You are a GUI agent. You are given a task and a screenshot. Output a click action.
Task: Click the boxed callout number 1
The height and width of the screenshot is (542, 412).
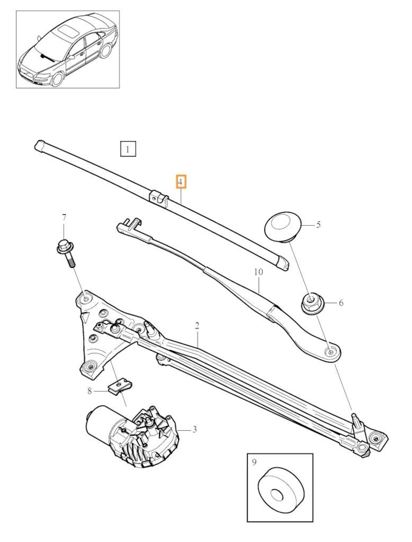coord(128,149)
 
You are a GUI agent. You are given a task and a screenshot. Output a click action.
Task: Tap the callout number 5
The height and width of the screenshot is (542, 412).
coord(318,225)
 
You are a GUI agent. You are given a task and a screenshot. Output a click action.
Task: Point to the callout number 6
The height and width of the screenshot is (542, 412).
coord(341,303)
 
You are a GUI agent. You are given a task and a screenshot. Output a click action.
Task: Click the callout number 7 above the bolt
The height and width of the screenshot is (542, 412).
coord(64,218)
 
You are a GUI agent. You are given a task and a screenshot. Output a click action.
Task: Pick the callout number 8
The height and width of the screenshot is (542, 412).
coord(90,391)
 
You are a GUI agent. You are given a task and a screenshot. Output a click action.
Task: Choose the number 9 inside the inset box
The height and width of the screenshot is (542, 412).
coord(254,462)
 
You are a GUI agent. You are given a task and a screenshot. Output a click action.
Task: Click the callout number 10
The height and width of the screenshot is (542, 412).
coord(259,272)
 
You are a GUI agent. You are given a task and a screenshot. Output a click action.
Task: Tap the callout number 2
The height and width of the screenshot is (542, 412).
coord(197,325)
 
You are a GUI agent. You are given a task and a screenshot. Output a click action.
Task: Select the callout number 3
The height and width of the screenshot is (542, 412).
coord(195,429)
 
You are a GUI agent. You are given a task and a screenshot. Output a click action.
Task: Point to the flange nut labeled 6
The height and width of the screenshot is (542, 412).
coord(311,303)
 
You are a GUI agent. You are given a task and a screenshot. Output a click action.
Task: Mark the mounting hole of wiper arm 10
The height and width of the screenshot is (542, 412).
coord(331,352)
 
